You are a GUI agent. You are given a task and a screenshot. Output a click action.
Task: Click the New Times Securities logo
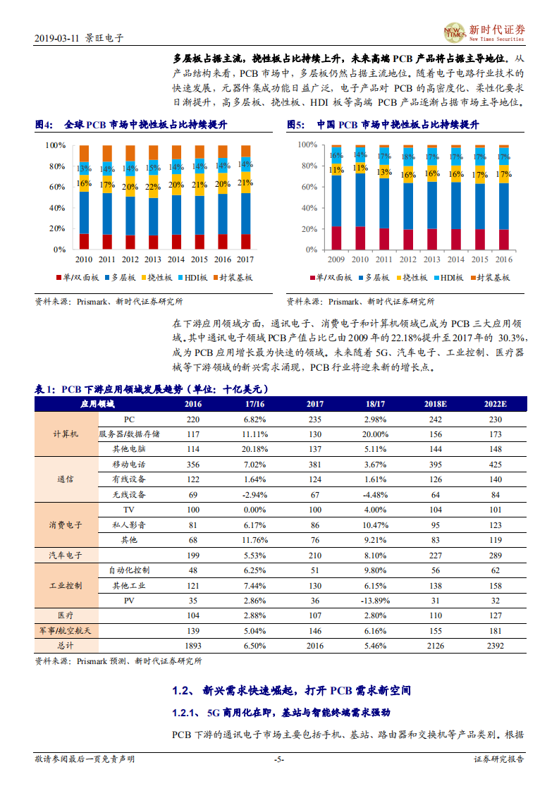tap(485, 32)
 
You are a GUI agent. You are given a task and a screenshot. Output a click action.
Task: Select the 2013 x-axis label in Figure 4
tap(153, 259)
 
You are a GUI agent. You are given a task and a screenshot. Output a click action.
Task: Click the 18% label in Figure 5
tap(408, 157)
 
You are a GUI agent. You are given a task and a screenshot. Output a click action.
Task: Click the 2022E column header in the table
tap(495, 405)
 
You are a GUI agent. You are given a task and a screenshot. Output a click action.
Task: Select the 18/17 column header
tap(376, 405)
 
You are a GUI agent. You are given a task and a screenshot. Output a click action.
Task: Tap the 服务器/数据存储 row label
tap(129, 434)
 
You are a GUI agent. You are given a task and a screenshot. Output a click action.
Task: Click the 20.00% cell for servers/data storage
tap(376, 434)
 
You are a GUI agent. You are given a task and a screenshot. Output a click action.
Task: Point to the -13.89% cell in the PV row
tap(376, 601)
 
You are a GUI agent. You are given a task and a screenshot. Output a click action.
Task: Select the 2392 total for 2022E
tap(495, 645)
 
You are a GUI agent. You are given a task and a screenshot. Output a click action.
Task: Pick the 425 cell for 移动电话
tap(495, 465)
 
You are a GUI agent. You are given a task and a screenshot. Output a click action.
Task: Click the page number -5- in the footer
tap(278, 759)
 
